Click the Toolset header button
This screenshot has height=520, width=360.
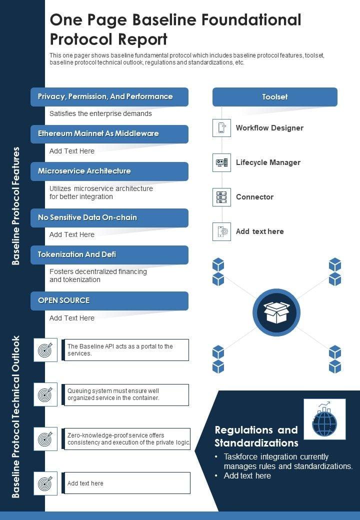point(274,97)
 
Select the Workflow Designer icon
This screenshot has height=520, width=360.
point(221,128)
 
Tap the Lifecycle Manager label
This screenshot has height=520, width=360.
point(268,162)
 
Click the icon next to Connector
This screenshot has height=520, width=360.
point(221,197)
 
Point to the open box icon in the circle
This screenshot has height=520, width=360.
point(276,312)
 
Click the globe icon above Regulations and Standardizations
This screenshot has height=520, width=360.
point(324,419)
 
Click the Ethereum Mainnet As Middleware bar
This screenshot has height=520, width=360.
point(109,134)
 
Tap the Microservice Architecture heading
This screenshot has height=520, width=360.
point(109,171)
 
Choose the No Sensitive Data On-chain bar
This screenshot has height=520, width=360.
point(109,217)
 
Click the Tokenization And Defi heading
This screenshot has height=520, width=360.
point(109,254)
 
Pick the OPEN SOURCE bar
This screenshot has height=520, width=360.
point(109,300)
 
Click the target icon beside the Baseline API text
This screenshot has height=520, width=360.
point(45,350)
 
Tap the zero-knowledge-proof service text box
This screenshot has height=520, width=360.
point(127,439)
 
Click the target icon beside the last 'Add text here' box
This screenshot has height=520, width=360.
point(45,483)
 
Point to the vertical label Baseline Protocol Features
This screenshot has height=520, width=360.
point(16,205)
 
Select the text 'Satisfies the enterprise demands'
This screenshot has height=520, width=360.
point(100,113)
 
